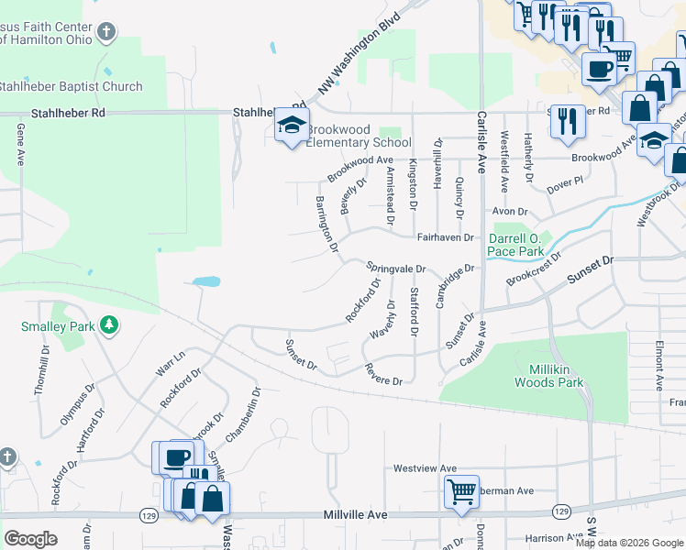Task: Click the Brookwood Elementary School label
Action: point(358,136)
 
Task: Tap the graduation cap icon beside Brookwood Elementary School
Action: point(292,126)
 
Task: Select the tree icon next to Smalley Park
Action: point(109,324)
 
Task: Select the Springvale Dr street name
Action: point(396,268)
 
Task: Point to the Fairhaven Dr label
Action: point(445,236)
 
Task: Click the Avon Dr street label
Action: point(510,211)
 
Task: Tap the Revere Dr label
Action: point(383,374)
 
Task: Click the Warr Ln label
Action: point(171,361)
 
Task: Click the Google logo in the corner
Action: point(30,538)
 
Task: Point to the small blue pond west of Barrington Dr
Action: point(206,281)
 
